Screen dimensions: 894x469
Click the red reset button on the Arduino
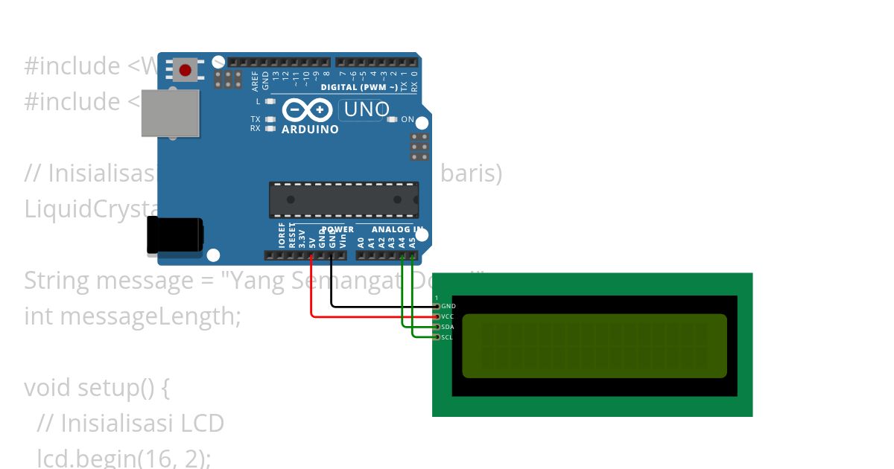click(185, 71)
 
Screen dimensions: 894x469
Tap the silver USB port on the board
click(171, 113)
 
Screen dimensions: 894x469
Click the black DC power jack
click(174, 237)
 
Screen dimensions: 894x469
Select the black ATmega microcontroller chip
click(343, 200)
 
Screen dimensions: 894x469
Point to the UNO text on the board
click(366, 109)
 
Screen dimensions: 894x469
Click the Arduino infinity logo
click(307, 110)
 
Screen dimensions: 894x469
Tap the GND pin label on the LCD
click(448, 306)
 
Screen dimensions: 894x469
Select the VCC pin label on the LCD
click(448, 316)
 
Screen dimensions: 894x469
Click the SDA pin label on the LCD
click(448, 327)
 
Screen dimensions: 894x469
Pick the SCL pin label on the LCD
click(447, 337)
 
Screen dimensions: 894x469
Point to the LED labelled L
click(270, 101)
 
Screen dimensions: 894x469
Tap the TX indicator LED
click(270, 119)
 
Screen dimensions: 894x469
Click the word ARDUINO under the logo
click(310, 130)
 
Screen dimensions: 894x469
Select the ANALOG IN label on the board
click(397, 229)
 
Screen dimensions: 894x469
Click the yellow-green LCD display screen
click(594, 345)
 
